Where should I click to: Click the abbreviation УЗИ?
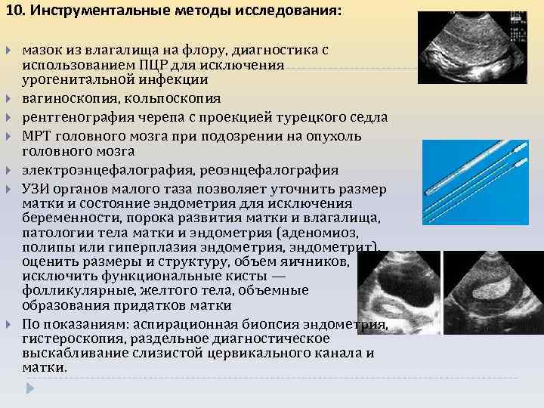tap(36, 188)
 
